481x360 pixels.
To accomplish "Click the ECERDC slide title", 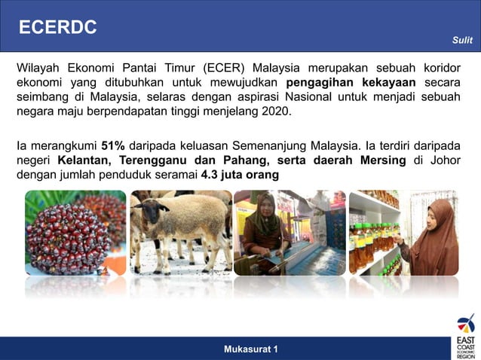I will point(58,28).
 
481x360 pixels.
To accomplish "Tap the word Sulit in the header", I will point(461,41).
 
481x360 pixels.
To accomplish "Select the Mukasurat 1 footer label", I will point(250,349).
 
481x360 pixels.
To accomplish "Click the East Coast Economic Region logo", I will point(465,337).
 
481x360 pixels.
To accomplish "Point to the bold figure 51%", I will point(113,145).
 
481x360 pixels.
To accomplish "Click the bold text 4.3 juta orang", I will point(240,175).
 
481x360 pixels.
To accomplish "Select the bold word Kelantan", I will point(82,160).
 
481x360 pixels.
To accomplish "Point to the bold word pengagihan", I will point(319,82).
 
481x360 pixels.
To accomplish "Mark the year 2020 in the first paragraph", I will point(274,111).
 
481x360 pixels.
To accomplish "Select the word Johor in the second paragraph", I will point(443,160).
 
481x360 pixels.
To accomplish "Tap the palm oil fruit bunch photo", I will point(75,233).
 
